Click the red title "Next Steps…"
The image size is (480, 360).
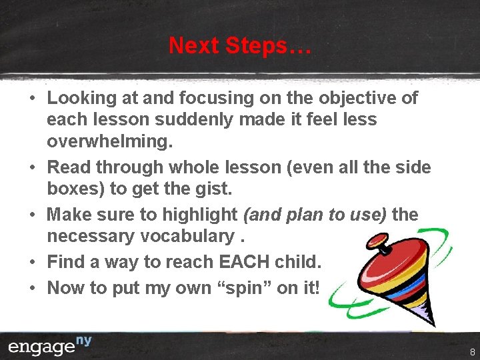(240, 45)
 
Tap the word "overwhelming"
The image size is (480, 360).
(109, 142)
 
